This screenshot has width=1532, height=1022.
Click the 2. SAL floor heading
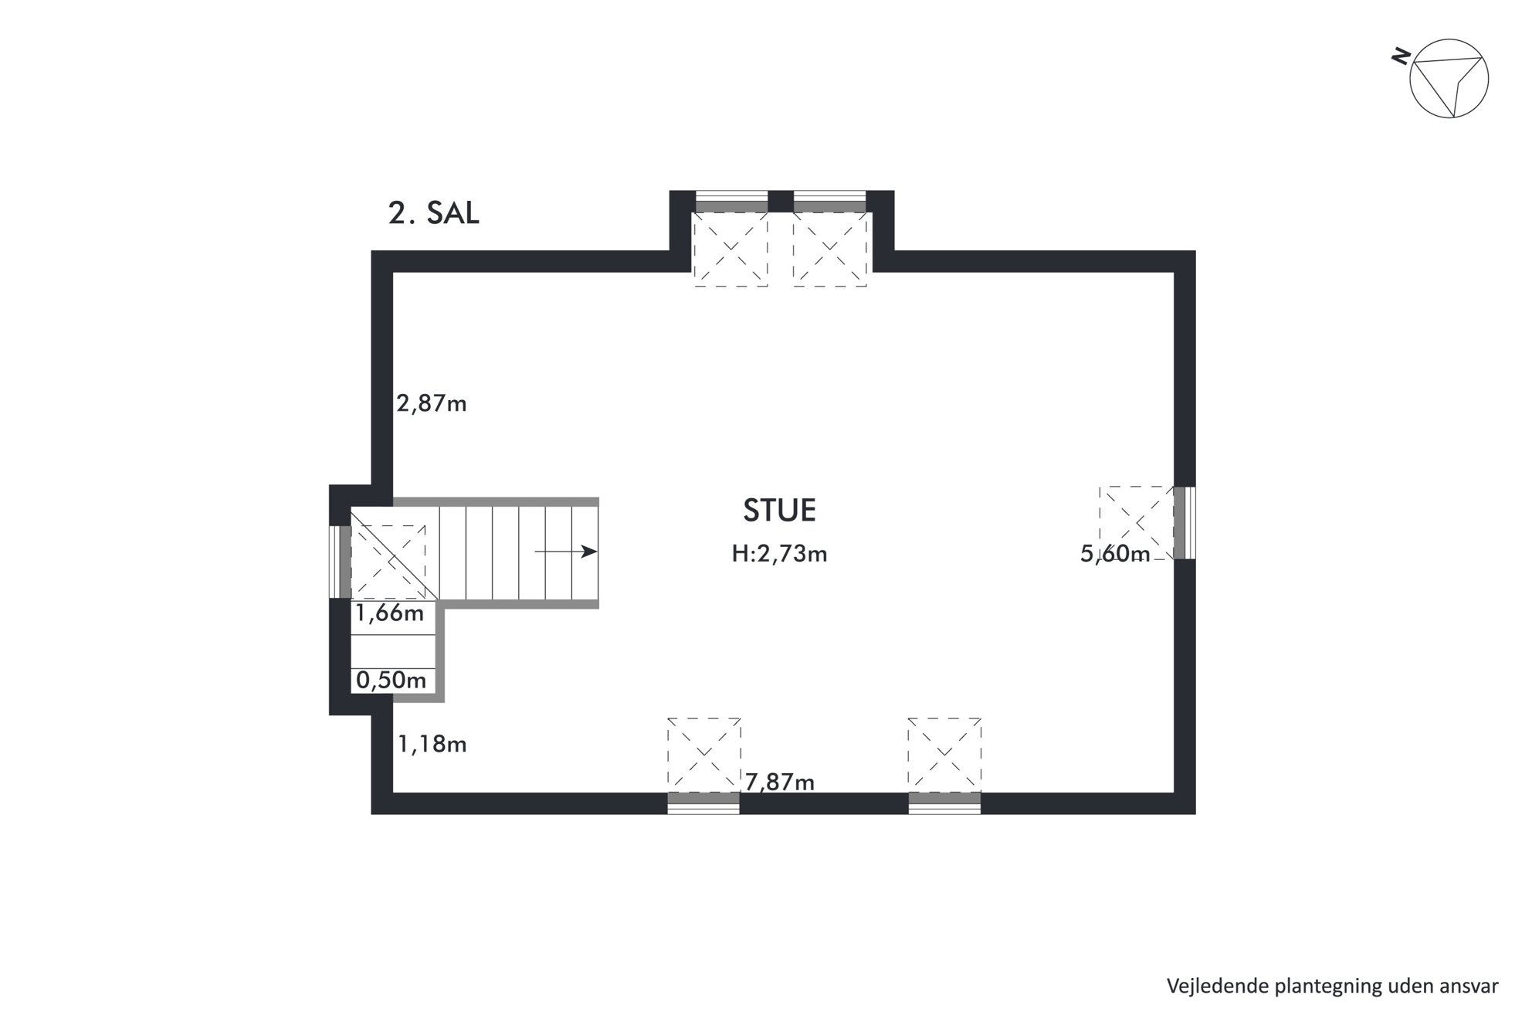(x=433, y=214)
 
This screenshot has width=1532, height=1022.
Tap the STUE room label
(x=779, y=511)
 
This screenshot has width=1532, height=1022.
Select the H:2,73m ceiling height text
(x=779, y=554)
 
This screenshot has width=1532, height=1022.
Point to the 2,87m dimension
(x=432, y=403)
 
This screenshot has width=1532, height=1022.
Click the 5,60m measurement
(x=1115, y=554)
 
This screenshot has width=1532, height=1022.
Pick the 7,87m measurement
(x=780, y=783)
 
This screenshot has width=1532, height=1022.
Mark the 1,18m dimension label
(x=432, y=744)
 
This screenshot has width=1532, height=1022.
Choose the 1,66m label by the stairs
(x=390, y=613)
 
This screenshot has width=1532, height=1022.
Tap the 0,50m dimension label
(x=391, y=680)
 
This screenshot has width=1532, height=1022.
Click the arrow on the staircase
(x=566, y=552)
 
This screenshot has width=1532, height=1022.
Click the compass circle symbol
(x=1449, y=79)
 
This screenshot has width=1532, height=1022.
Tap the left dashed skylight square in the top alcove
(x=731, y=250)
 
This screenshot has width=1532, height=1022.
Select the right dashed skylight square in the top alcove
(x=829, y=250)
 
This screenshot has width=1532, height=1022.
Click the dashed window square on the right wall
(x=1137, y=523)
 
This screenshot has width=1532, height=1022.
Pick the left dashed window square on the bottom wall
(x=704, y=755)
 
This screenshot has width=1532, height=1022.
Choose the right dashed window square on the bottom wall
(x=944, y=755)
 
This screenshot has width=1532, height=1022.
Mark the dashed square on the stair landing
(x=388, y=562)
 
